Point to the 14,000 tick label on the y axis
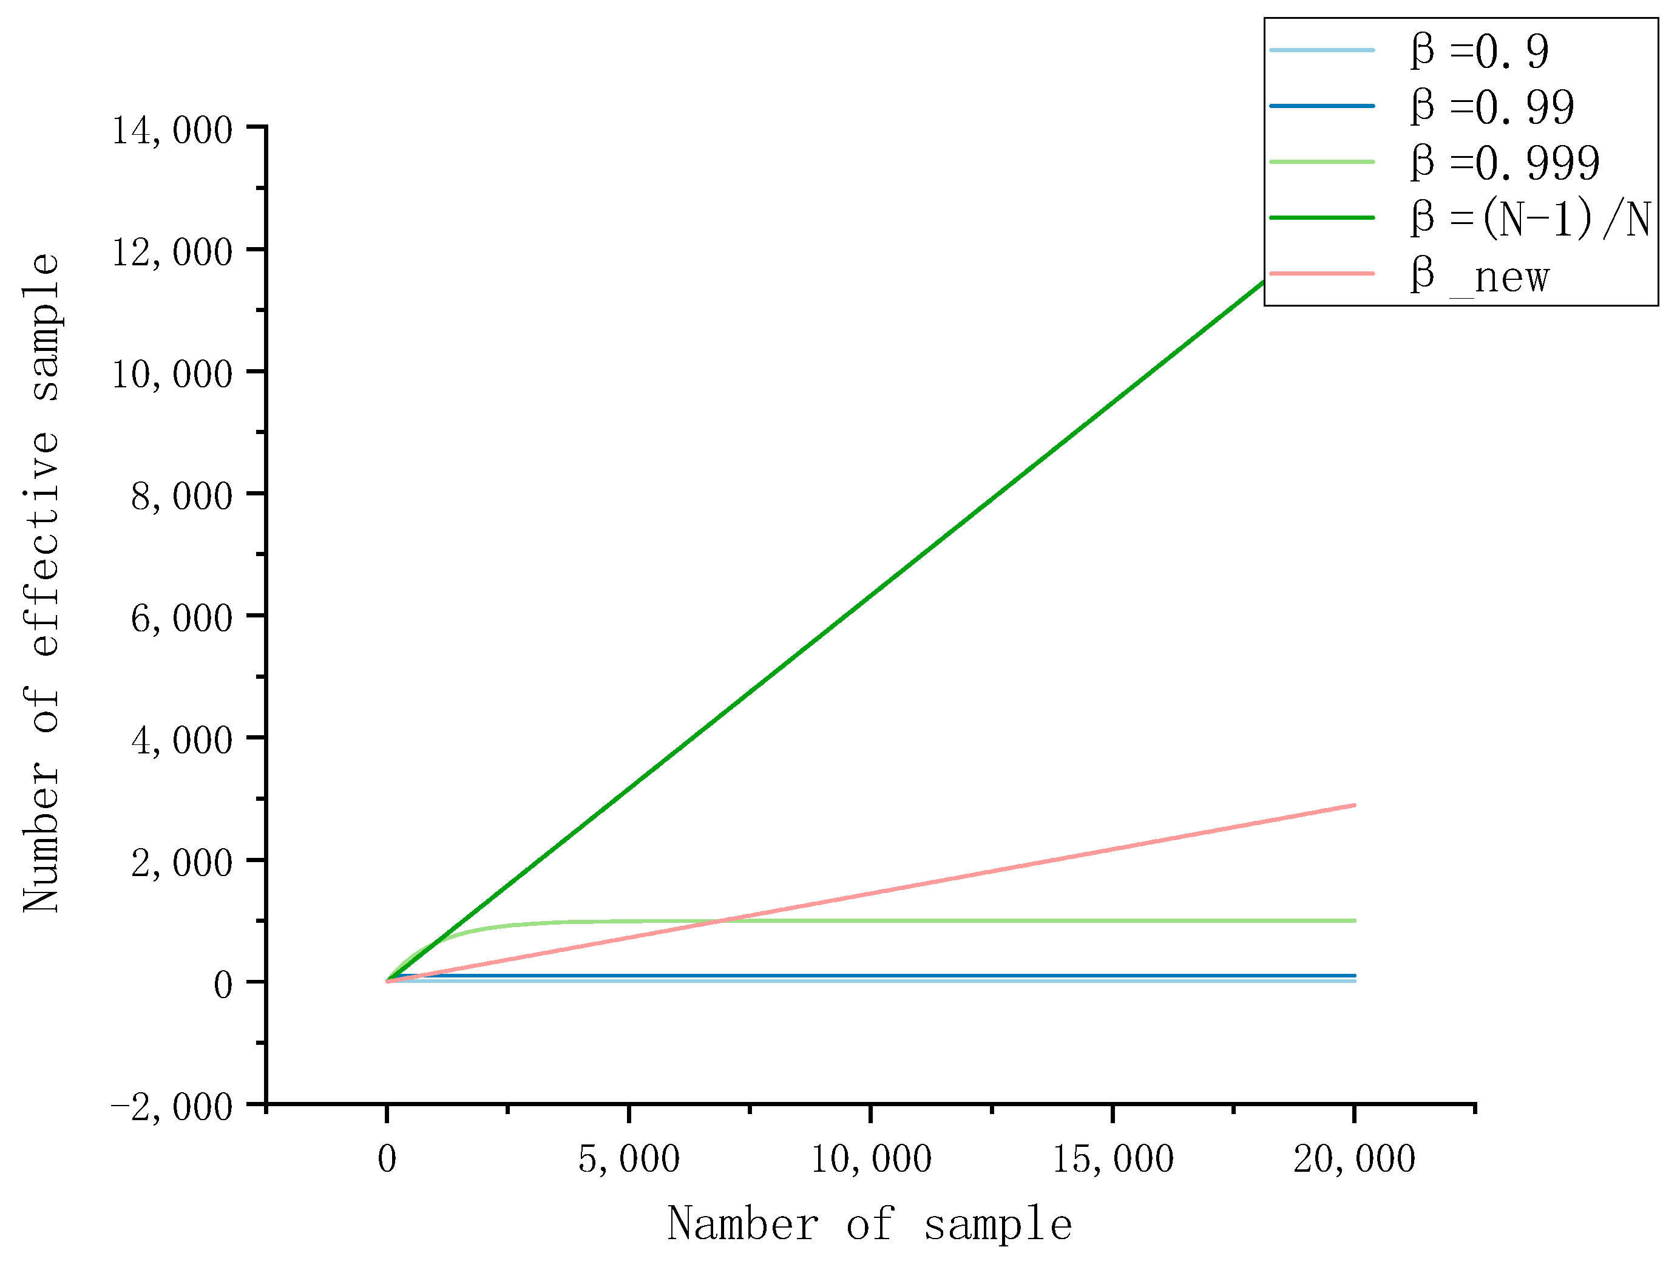172,129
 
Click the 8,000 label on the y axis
181,495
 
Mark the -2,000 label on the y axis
172,1106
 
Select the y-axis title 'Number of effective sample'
42,583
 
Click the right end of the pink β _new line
1354,805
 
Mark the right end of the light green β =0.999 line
1354,920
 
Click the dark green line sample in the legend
1321,218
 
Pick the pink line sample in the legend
1321,273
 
